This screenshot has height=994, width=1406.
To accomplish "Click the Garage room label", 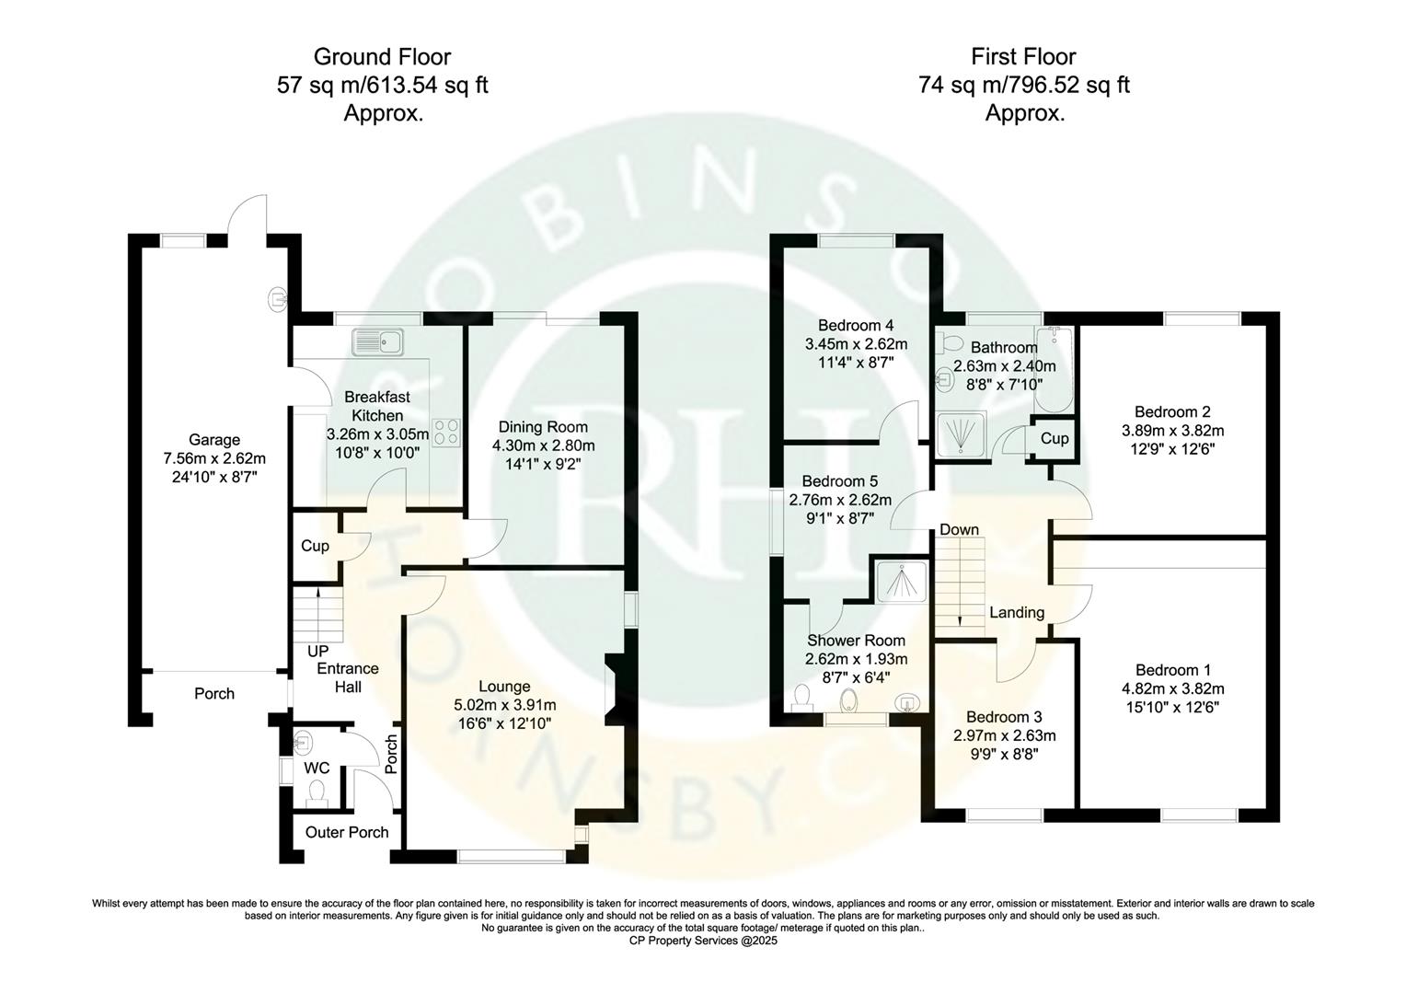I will pos(214,440).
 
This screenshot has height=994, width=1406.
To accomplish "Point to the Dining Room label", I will pos(543,427).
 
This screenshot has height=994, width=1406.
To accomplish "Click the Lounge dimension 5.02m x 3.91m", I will pos(505,705).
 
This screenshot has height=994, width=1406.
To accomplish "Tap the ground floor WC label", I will pos(317,768).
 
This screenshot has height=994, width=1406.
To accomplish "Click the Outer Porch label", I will pos(347,832).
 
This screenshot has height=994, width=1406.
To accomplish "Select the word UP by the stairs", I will pos(318,651).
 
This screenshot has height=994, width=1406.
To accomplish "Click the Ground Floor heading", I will pos(382,57).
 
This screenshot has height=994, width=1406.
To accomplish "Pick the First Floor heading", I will pos(1023,57).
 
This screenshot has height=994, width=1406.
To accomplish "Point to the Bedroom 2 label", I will pos(1172,411).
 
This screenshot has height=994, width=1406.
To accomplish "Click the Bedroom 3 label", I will pos(1004,717).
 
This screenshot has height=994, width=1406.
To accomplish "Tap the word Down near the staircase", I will pos(959,529).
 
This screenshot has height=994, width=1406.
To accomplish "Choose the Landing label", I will pos(1017,612).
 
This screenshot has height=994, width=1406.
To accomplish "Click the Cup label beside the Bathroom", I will pos(1054,438).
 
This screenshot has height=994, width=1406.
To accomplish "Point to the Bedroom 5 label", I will pos(839,480).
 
